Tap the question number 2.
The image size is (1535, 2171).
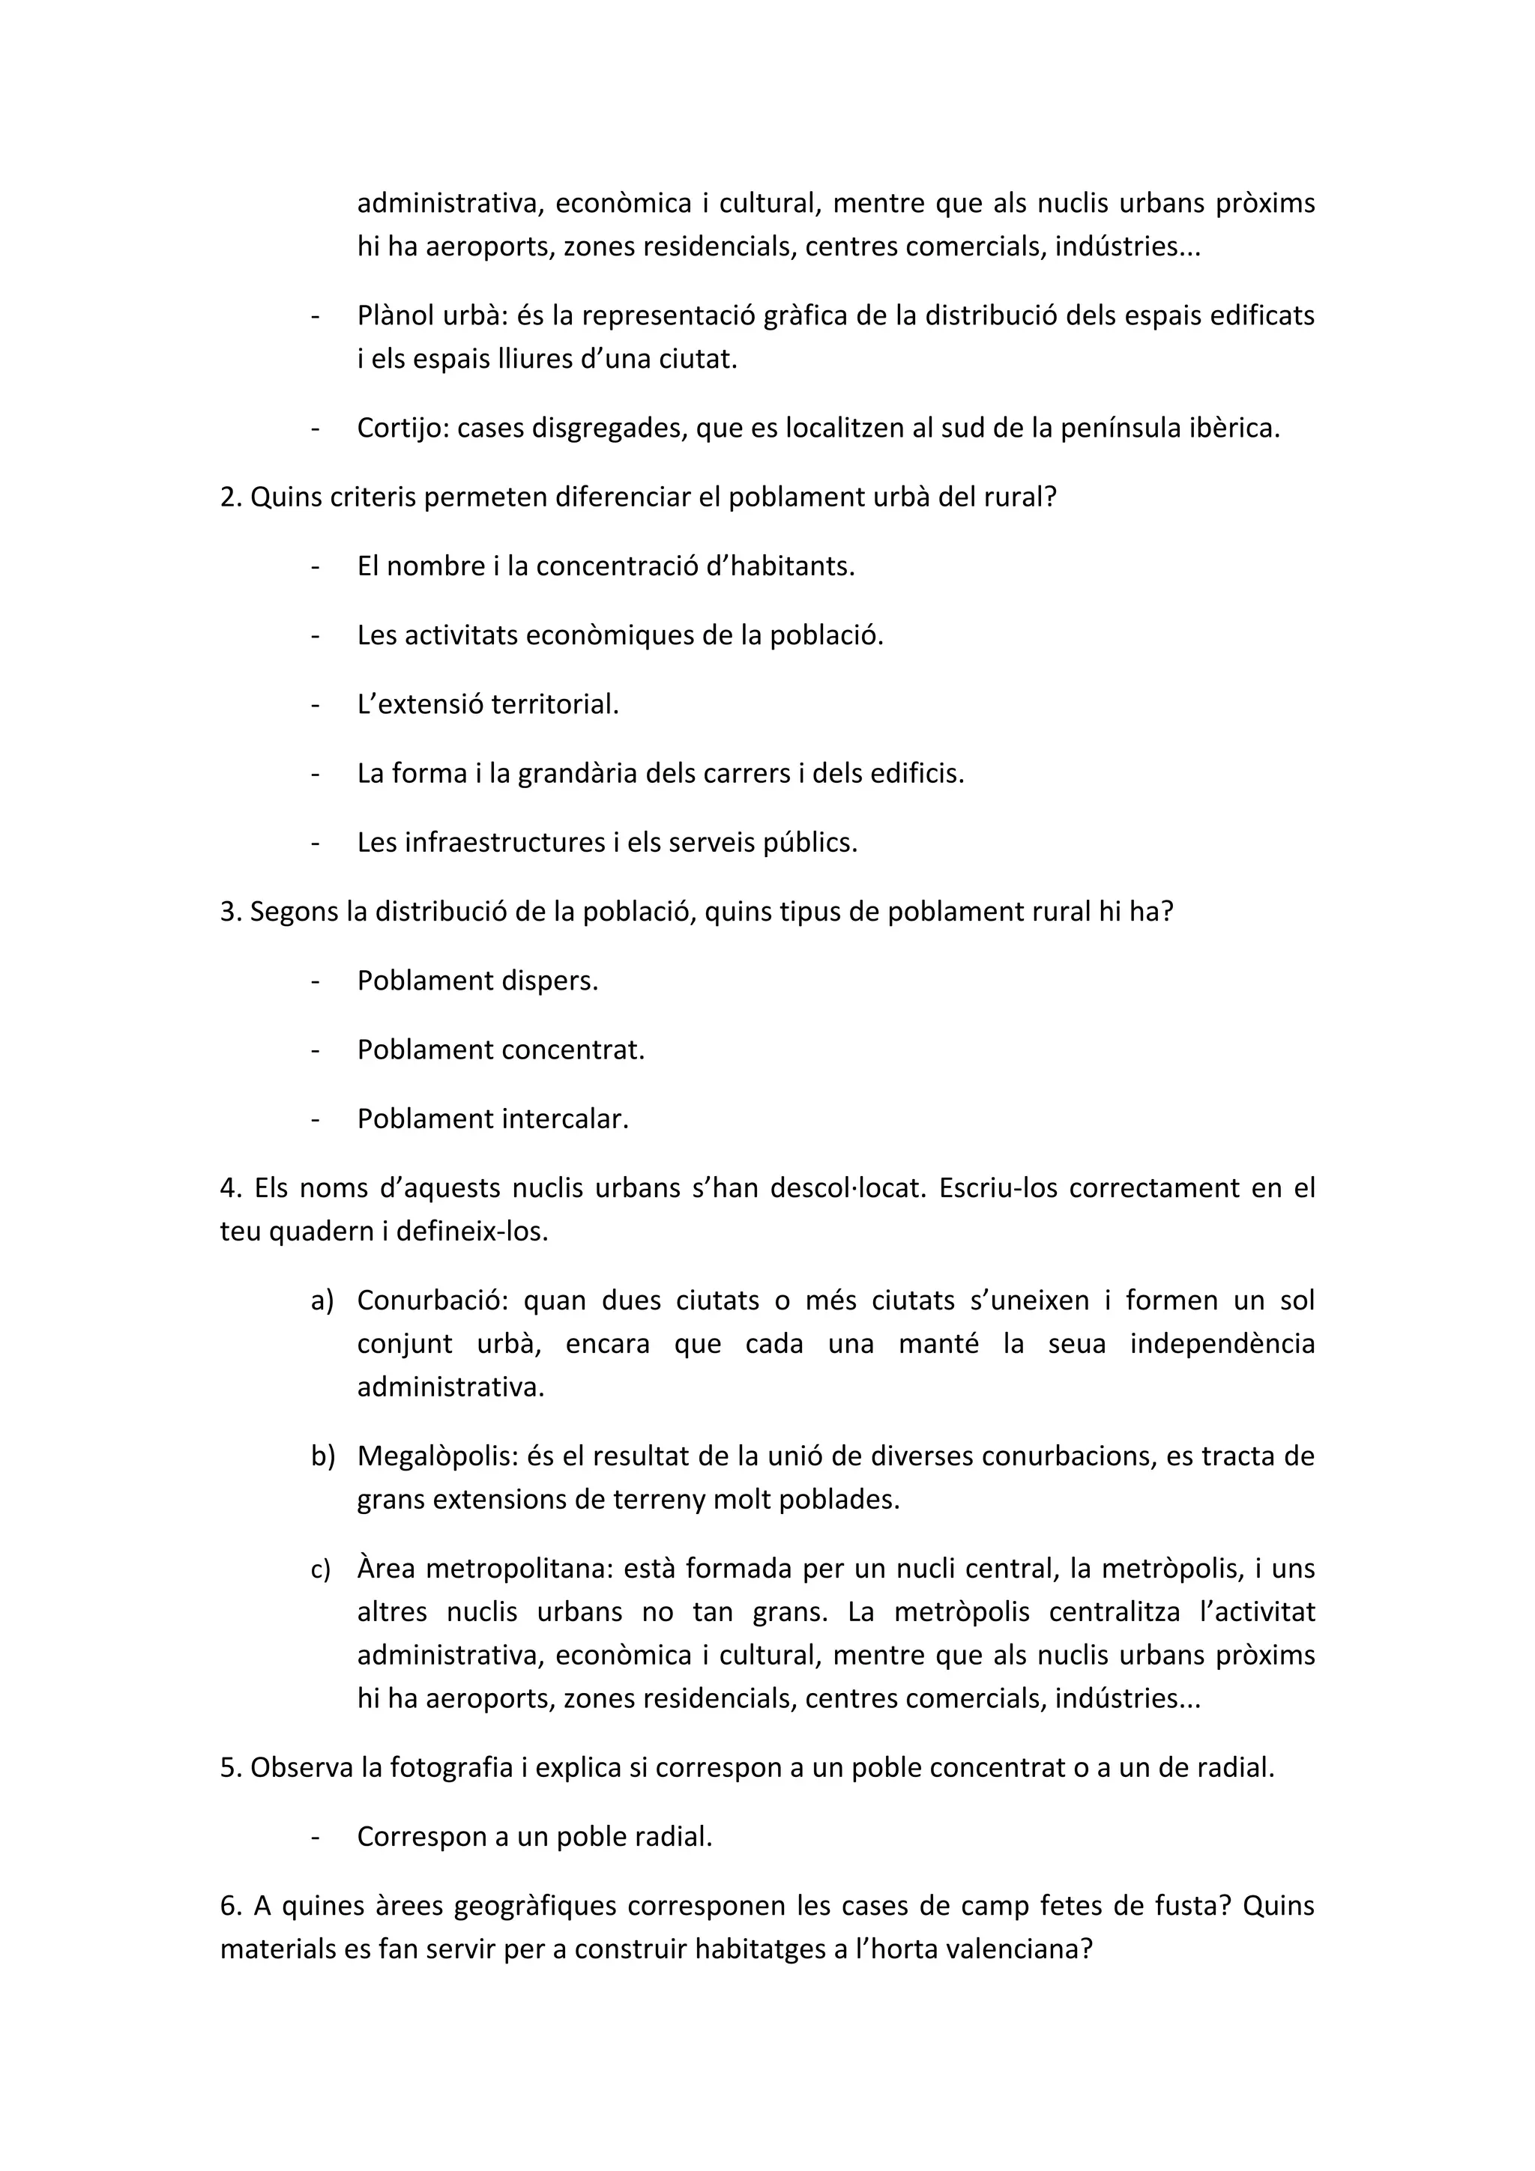click(x=227, y=497)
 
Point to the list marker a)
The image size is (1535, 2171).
click(x=322, y=1301)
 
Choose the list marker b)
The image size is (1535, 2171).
click(x=322, y=1456)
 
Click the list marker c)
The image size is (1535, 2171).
click(x=321, y=1569)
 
